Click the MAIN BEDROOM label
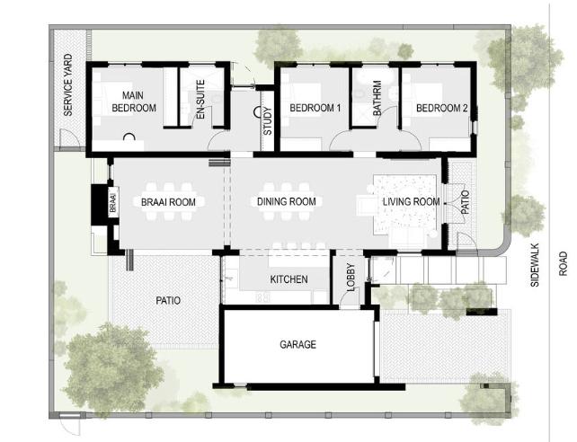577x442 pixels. click(134, 102)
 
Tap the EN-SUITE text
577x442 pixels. click(200, 100)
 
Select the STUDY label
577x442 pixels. click(268, 120)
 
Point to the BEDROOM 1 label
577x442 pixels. click(315, 108)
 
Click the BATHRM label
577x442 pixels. click(377, 98)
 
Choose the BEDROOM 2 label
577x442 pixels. click(441, 108)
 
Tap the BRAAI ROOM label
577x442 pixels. click(168, 202)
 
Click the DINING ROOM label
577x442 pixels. click(287, 201)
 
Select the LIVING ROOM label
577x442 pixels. click(411, 201)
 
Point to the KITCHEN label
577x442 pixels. click(288, 279)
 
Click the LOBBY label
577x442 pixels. click(351, 278)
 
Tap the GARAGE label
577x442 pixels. click(297, 345)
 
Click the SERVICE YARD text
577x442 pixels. click(68, 85)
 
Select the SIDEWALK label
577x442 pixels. click(535, 265)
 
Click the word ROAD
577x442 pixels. click(563, 263)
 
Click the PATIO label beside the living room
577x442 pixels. click(466, 202)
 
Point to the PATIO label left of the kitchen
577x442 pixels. click(168, 301)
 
